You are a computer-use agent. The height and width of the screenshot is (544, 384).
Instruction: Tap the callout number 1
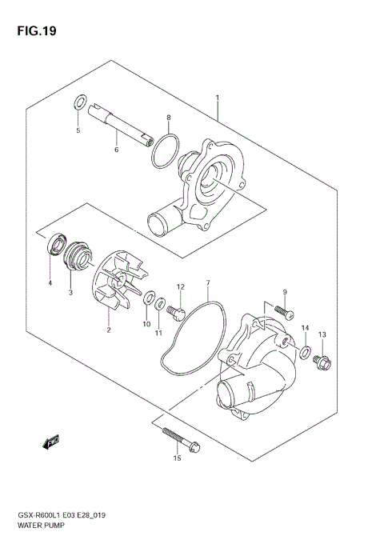217,98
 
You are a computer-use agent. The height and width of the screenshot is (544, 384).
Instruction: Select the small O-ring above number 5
78,102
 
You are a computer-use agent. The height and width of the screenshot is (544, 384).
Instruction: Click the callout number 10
146,323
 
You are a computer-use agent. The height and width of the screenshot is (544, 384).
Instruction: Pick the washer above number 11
159,304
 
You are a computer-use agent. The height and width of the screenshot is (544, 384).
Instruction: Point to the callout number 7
207,282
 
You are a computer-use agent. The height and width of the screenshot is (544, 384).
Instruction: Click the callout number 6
117,150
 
